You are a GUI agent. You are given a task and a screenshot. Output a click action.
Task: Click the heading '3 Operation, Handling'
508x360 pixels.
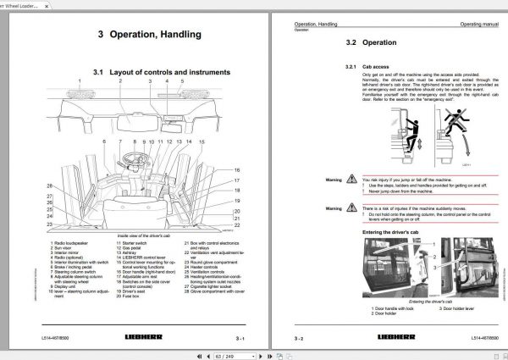tap(149, 35)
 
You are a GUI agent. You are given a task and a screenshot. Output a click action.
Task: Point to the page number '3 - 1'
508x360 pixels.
tap(237, 338)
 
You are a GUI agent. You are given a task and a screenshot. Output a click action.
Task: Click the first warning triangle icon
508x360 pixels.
tap(354, 180)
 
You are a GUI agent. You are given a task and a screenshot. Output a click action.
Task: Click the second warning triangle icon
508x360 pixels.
tap(354, 208)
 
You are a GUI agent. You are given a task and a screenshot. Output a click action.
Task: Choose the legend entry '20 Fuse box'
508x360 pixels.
tap(130, 318)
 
